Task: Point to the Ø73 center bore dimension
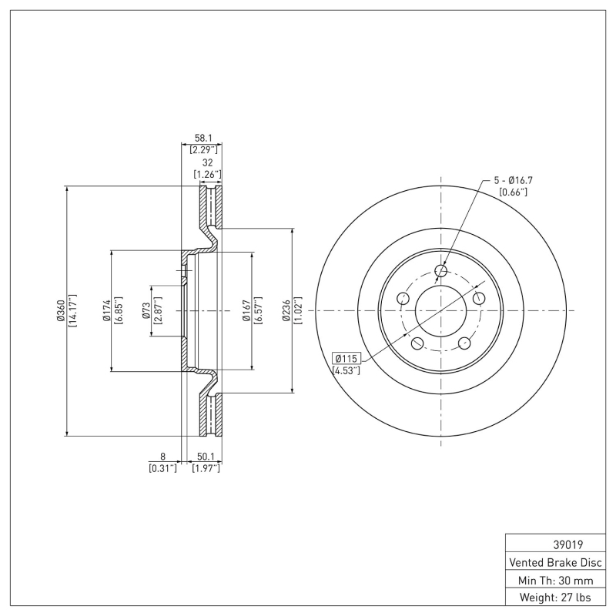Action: pos(146,311)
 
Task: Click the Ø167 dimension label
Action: pos(247,311)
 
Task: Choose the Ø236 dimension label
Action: pos(286,311)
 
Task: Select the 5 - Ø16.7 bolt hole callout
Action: pos(514,180)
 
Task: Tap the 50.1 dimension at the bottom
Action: pos(206,457)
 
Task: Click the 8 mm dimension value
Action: pos(162,457)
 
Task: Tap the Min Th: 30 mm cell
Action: pos(557,579)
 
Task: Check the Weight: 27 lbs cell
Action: pos(557,597)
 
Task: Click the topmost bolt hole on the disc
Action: pos(441,270)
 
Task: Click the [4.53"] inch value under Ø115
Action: pos(346,371)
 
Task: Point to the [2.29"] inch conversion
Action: pos(206,149)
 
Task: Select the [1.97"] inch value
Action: pos(206,468)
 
